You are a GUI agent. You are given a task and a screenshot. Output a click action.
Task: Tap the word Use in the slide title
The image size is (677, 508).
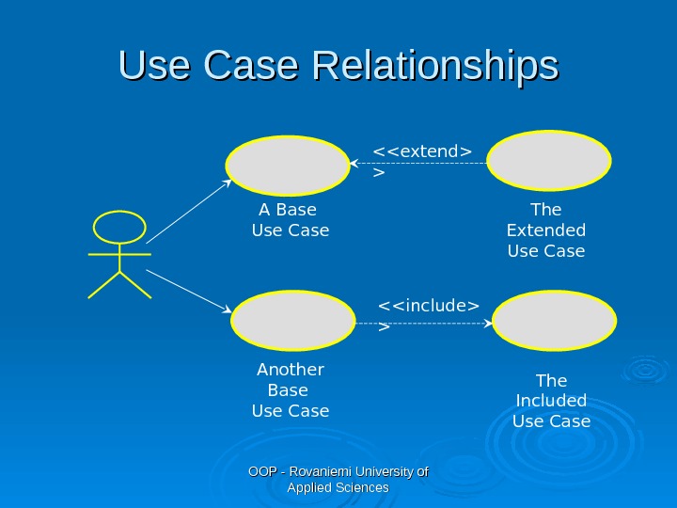click(151, 67)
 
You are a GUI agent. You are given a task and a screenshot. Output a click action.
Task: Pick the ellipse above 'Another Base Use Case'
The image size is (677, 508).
click(293, 321)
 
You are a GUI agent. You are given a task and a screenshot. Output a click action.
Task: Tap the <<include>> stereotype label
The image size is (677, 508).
click(428, 306)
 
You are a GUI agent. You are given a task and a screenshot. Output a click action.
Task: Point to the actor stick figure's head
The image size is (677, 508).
click(120, 228)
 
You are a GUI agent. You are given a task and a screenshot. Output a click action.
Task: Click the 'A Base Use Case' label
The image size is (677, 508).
click(290, 219)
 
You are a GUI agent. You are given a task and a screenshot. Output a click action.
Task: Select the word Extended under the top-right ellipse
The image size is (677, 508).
click(545, 230)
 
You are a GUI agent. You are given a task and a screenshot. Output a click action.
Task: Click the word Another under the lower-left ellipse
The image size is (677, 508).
click(290, 370)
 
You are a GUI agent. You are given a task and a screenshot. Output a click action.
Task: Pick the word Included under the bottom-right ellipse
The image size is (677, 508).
click(551, 401)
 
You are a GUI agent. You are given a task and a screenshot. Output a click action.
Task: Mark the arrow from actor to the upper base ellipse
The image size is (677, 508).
click(188, 212)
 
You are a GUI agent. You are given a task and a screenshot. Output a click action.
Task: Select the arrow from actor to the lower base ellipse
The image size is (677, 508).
click(188, 291)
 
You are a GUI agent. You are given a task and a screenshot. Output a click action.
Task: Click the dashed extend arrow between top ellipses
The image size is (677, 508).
click(418, 164)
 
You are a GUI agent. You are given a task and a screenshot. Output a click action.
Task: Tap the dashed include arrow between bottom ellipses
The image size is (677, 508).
click(423, 323)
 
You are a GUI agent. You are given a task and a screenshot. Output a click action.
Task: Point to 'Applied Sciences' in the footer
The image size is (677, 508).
click(338, 487)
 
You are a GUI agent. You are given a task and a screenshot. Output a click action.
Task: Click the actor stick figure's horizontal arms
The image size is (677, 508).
click(119, 253)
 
